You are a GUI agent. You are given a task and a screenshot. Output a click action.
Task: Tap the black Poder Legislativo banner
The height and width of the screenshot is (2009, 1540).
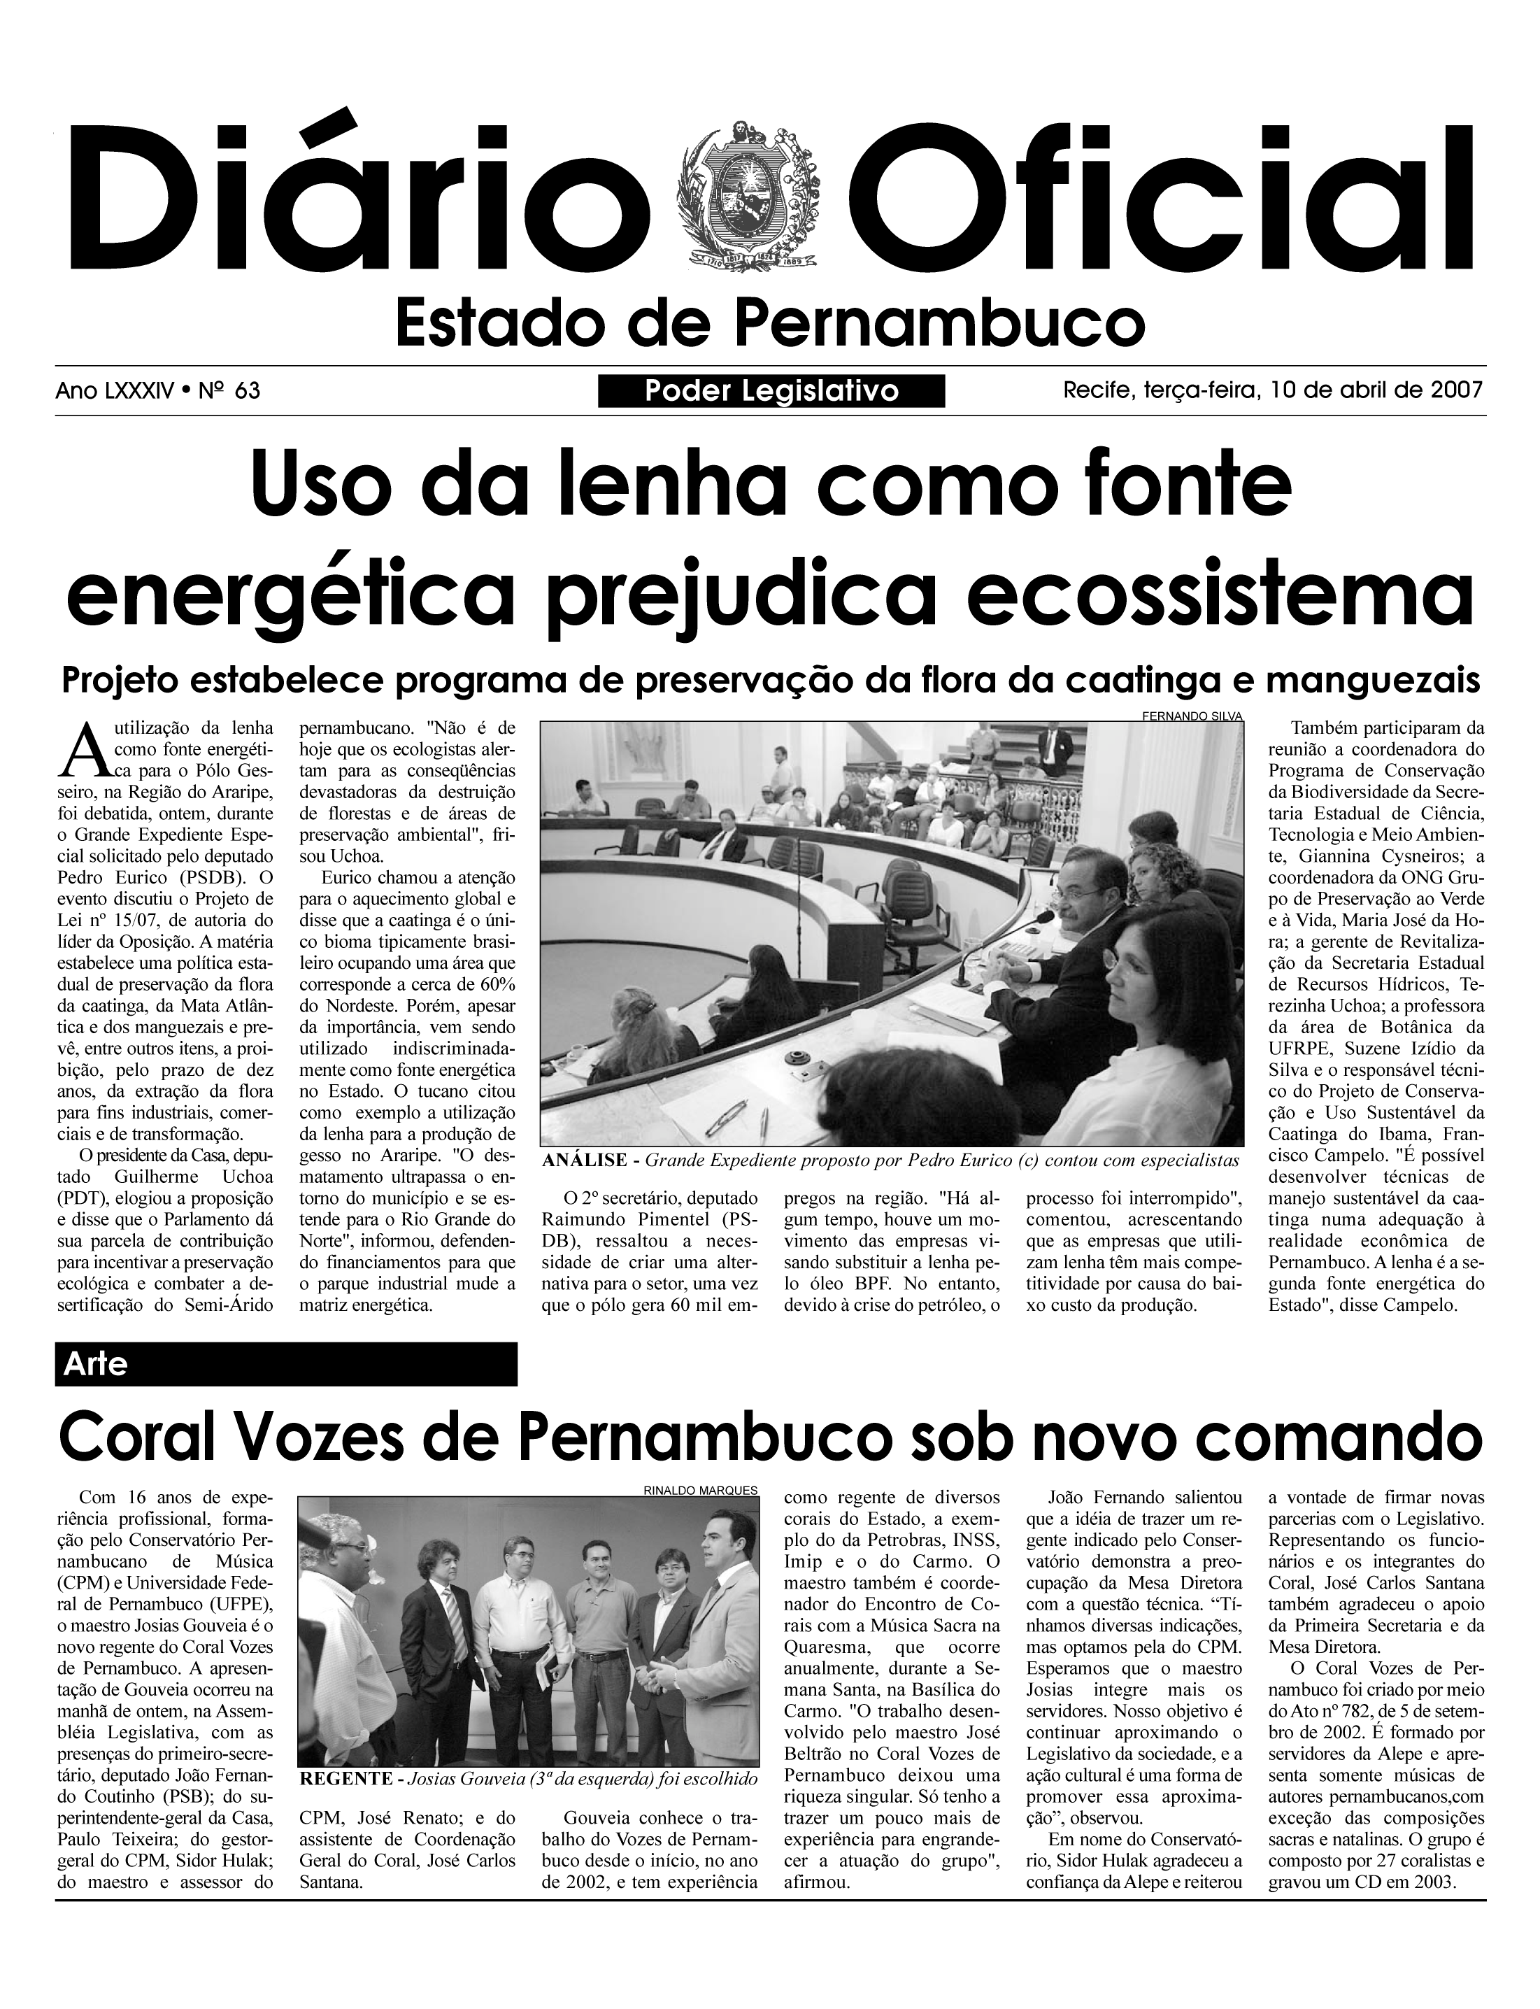point(771,392)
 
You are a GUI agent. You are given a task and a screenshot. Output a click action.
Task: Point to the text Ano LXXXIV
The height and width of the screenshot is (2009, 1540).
point(115,392)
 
